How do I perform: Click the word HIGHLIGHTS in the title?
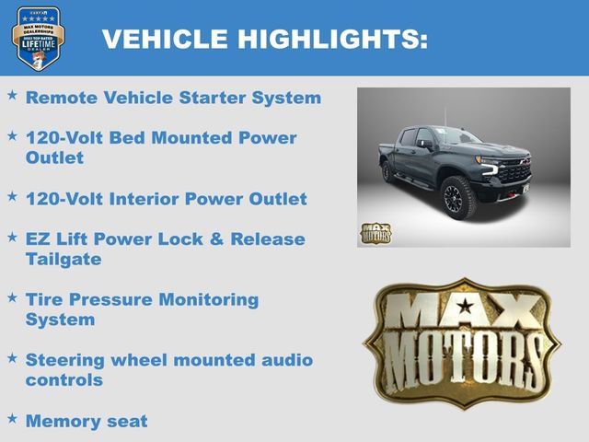[x=332, y=40]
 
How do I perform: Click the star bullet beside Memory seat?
[x=12, y=419]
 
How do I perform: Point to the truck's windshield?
[x=456, y=137]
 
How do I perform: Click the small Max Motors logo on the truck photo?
[x=375, y=233]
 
